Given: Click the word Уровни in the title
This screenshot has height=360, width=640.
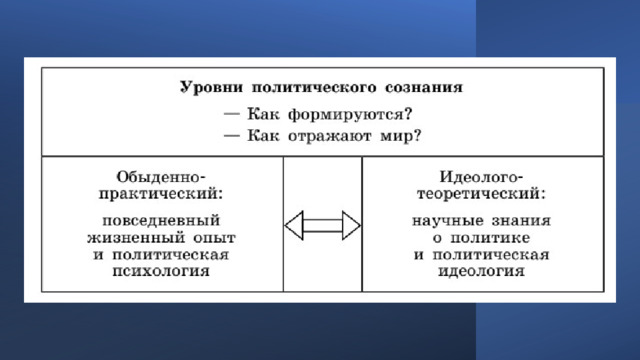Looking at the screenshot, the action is [211, 87].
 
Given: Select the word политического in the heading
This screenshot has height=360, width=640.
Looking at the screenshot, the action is [313, 87].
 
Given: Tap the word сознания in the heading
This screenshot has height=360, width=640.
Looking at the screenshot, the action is [424, 87].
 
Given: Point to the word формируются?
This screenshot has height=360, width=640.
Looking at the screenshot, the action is [350, 114].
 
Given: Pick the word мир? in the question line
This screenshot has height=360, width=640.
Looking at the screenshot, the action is [400, 136].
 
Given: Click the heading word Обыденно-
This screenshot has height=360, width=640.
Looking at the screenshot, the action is [161, 177].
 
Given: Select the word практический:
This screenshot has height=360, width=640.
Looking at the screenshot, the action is [161, 193].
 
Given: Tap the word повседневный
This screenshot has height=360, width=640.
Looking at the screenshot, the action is [161, 221].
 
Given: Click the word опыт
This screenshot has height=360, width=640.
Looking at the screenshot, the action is [214, 238].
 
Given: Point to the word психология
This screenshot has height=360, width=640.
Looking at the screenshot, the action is [161, 271].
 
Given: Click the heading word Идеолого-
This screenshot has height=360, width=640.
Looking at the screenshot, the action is [481, 177].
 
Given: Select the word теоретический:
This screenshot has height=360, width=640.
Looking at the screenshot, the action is [481, 193].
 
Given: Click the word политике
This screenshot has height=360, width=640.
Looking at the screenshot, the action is [490, 238].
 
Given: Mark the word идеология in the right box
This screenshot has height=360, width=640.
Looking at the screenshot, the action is [481, 271].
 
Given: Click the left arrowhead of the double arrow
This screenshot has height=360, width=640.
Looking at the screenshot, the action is [294, 225].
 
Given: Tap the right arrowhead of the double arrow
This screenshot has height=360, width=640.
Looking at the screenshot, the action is [351, 225].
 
